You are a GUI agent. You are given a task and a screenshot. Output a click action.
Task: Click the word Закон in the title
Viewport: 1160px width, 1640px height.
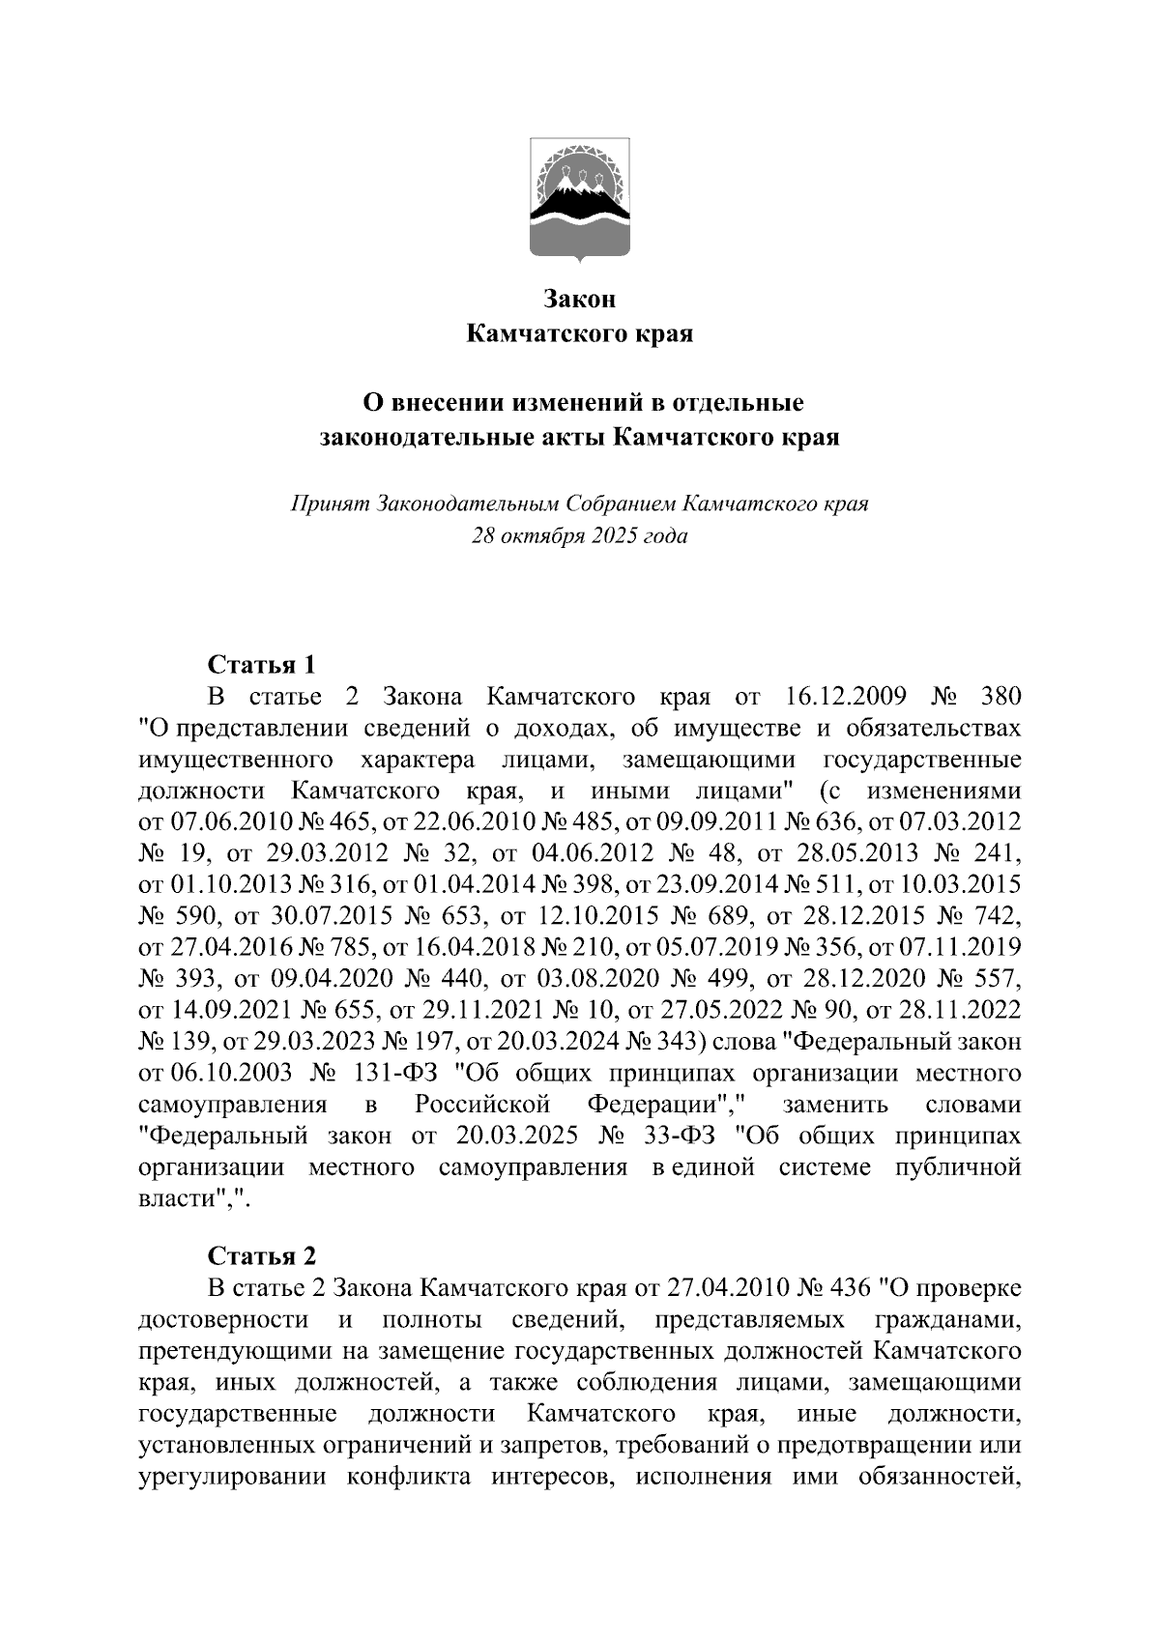pos(579,300)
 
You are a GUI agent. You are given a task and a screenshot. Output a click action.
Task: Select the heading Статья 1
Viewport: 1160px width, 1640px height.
pos(261,665)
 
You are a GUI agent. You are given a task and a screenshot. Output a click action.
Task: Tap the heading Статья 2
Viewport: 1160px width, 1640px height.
pos(261,1256)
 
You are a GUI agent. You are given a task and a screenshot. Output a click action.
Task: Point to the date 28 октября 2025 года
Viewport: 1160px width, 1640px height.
pos(579,535)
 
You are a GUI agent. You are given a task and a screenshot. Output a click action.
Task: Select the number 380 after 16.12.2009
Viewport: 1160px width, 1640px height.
pos(1000,697)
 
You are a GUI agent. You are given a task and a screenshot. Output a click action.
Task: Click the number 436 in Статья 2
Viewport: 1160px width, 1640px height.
pos(848,1288)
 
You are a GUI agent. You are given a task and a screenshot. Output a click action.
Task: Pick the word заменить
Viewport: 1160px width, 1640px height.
pos(829,1105)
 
